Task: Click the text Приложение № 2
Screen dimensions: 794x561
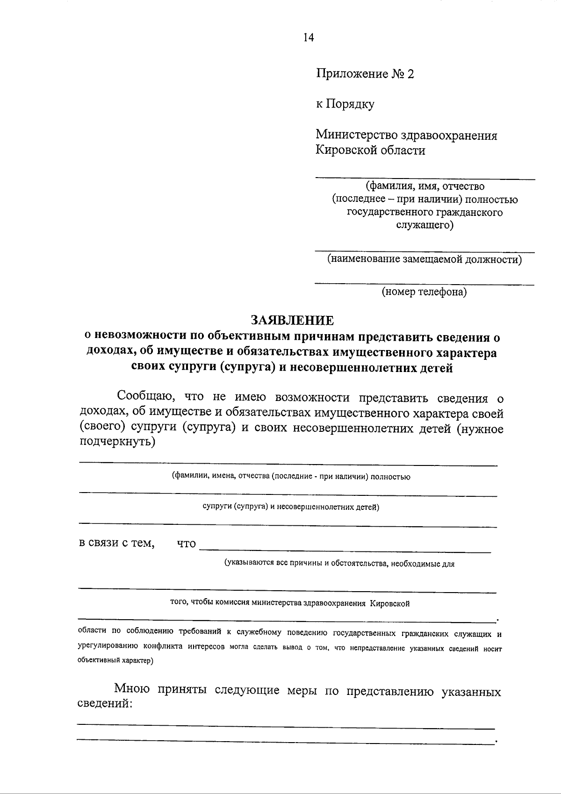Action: click(365, 74)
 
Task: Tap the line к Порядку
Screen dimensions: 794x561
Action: click(345, 104)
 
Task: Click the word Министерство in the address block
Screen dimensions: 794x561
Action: click(356, 136)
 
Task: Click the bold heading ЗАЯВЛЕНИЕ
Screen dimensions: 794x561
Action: click(292, 320)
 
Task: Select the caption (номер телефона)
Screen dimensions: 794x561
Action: click(424, 293)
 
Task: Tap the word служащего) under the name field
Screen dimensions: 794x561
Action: click(424, 226)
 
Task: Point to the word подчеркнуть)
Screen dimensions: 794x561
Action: click(117, 441)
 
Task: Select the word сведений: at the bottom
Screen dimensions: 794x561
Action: click(105, 704)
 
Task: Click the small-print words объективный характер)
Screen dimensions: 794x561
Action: click(115, 661)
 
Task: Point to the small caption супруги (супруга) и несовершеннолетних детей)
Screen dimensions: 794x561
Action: click(290, 507)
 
